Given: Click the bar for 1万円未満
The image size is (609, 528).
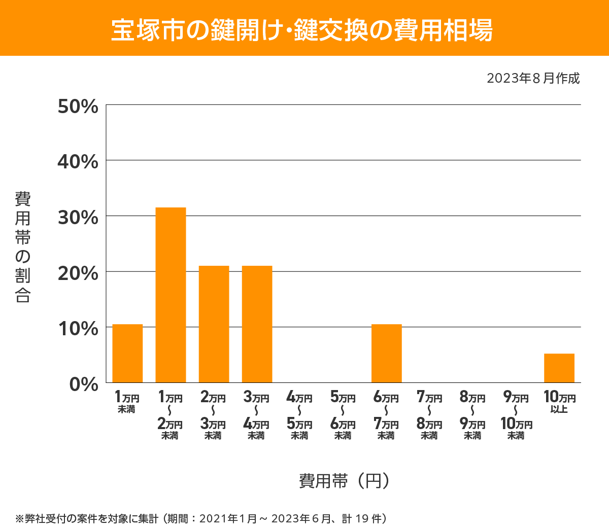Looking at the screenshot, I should (x=127, y=353).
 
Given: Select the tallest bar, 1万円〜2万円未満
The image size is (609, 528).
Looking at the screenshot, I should (x=171, y=295).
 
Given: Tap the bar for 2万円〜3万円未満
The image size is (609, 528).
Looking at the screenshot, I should (x=214, y=324).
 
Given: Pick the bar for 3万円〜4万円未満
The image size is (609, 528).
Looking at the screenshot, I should (x=257, y=324).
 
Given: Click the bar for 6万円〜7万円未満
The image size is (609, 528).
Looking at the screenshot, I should (x=386, y=353).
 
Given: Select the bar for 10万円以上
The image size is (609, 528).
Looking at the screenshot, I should (x=559, y=368).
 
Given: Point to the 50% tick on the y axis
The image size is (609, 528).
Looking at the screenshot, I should (x=78, y=107).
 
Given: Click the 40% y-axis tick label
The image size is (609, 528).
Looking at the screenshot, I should (x=78, y=162).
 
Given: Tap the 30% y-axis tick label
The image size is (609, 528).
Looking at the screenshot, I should (x=78, y=218).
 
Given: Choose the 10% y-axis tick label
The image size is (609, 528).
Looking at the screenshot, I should (x=78, y=329).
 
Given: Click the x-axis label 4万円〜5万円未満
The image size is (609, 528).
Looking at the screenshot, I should (x=299, y=415).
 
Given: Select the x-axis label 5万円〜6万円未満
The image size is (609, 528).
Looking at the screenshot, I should (x=343, y=415).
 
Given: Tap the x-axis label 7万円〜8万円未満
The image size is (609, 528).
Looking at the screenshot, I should (x=429, y=415).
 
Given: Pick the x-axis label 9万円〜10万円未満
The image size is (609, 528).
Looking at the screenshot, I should (x=516, y=415).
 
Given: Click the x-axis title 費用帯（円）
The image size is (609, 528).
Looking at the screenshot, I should (x=344, y=480).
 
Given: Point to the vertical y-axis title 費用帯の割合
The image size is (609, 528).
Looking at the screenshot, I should (x=23, y=247).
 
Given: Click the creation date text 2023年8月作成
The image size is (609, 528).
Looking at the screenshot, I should (x=533, y=79).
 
